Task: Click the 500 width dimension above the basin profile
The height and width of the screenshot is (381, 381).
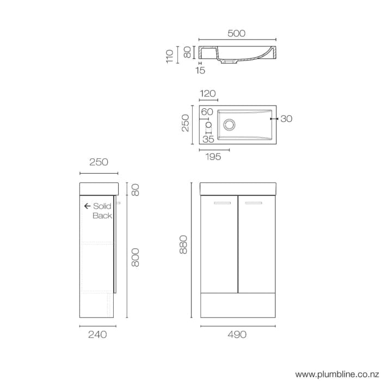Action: click(236, 33)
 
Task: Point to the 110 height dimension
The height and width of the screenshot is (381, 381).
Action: click(170, 56)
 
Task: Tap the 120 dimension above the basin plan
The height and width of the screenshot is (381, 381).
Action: click(208, 94)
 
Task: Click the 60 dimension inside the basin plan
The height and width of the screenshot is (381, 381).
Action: click(207, 112)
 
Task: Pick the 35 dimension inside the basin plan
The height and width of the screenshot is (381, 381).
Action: click(208, 139)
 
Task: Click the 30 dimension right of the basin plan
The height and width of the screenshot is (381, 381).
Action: click(286, 119)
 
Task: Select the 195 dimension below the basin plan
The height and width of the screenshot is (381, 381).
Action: click(213, 157)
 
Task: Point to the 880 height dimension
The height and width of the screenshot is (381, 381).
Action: click(183, 245)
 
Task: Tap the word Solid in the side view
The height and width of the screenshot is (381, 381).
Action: click(102, 206)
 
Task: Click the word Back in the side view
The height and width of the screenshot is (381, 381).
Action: click(102, 216)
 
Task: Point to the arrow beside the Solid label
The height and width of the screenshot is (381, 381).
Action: click(87, 206)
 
